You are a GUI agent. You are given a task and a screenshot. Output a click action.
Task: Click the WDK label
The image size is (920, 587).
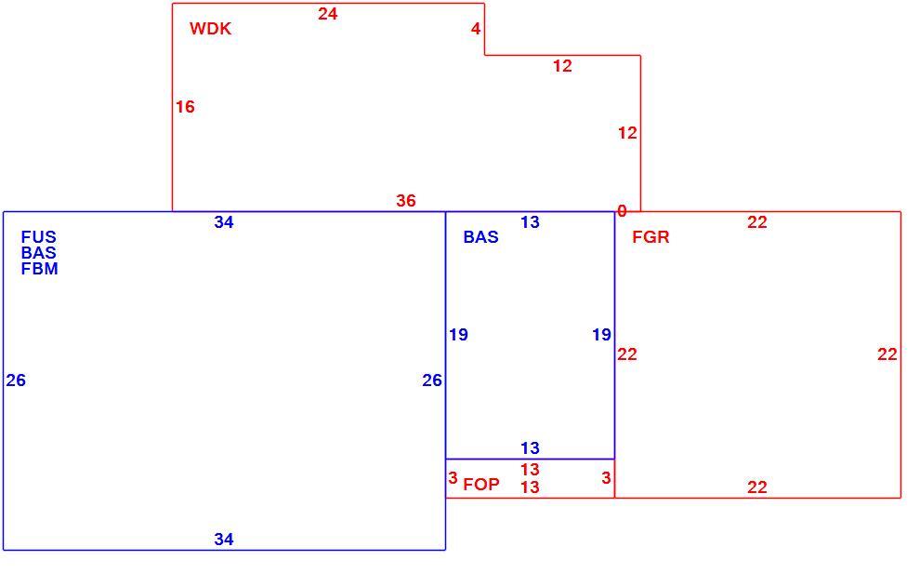click(211, 29)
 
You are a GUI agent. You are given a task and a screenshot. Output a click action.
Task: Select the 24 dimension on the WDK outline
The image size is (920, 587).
click(327, 14)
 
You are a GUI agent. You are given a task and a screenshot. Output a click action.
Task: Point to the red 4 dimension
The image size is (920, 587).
click(476, 28)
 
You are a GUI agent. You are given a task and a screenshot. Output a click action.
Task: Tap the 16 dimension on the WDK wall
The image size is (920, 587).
click(185, 107)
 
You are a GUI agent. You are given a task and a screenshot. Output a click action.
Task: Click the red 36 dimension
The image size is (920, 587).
click(405, 201)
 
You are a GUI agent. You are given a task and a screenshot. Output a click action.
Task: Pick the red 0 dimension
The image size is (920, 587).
click(622, 211)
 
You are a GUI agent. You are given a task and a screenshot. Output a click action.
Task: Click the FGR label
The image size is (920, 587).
click(651, 237)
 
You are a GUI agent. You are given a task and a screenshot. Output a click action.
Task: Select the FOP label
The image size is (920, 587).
click(481, 484)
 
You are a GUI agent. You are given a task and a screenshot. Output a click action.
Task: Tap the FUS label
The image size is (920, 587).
click(39, 237)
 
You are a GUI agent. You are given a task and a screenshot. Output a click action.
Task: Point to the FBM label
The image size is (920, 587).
click(39, 269)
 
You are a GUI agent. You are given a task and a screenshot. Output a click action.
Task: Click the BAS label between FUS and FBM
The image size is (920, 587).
click(39, 253)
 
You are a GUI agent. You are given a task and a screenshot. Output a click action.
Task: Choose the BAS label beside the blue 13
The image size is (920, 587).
click(480, 237)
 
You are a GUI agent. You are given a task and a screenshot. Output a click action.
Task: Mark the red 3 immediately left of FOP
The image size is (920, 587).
click(453, 478)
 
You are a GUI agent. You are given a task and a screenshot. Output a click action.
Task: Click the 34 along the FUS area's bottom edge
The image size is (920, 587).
click(224, 539)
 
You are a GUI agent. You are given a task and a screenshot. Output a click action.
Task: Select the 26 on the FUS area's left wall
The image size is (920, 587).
click(16, 380)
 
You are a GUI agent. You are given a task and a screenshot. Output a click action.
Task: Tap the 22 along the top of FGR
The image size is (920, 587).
click(756, 222)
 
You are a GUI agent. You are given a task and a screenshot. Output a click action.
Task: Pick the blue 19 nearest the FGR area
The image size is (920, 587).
click(601, 335)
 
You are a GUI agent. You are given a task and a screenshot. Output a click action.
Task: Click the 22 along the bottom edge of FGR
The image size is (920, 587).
click(756, 487)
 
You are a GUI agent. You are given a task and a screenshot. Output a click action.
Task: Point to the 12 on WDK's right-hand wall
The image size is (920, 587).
click(627, 133)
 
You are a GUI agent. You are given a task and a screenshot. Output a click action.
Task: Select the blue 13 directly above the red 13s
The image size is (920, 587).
click(530, 448)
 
